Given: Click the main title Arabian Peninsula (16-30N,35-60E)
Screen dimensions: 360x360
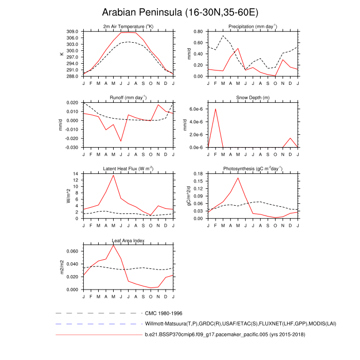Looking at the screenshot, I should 180,12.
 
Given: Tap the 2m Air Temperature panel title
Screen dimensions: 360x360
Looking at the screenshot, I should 128,26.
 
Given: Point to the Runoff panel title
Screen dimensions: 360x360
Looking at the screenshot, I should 128,97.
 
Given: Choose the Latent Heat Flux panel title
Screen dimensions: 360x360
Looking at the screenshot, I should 128,169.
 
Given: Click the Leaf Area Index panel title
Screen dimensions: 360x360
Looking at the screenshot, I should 128,240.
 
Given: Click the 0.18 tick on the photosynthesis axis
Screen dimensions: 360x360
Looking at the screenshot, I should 199,174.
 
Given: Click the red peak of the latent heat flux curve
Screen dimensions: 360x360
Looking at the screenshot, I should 113,175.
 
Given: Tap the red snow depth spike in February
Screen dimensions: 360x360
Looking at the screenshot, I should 215,109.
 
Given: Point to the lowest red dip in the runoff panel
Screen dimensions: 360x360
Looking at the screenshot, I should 121,141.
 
